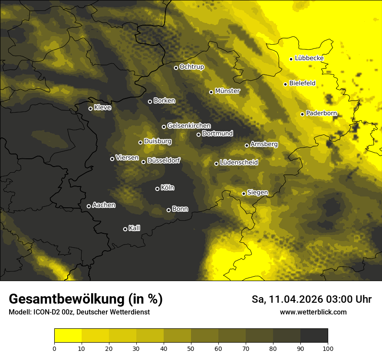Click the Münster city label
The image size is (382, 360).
pos(227,91)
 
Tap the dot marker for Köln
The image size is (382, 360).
pos(158,189)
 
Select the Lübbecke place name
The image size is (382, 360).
pos(309,58)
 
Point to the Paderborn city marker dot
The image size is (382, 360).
pos(303,114)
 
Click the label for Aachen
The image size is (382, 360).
pos(104,205)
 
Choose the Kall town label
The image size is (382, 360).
pos(134,228)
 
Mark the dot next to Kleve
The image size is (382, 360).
pos(91,108)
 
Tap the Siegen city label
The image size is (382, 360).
pos(257,193)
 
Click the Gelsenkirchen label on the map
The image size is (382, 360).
pos(189,126)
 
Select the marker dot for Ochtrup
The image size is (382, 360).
pos(176,68)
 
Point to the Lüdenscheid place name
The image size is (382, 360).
pos(239,163)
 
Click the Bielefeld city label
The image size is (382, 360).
pos(302,83)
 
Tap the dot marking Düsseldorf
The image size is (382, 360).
pos(144,162)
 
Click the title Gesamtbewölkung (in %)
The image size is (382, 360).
pos(86,299)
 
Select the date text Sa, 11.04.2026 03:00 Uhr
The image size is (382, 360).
pos(311,299)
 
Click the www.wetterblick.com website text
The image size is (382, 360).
pos(313,312)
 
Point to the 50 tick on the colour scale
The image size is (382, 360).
pos(191,348)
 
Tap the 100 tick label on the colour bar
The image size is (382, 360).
pos(328,348)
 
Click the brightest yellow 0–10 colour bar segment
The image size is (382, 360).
pos(68,336)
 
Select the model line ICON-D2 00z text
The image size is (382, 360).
pos(79,312)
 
